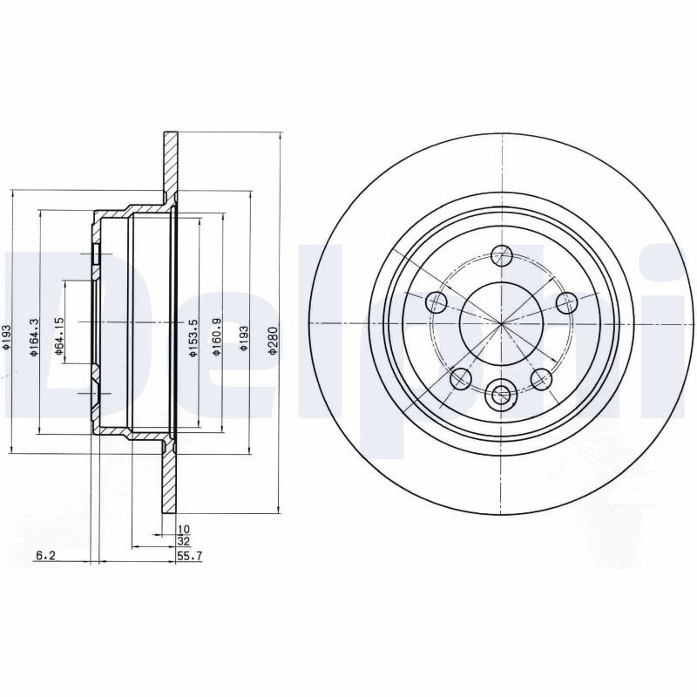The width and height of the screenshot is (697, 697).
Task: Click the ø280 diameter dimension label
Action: tap(273, 341)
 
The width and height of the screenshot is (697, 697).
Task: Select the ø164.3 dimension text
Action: tap(34, 338)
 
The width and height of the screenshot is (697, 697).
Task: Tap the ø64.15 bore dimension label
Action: tap(59, 336)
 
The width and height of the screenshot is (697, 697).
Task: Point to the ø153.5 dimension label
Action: tap(193, 338)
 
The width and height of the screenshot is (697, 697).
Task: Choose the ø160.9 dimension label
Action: tap(217, 337)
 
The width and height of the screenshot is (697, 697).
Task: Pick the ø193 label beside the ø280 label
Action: tap(244, 339)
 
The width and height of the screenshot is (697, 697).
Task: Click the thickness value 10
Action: tap(184, 529)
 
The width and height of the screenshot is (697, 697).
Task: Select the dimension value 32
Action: tap(184, 541)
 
